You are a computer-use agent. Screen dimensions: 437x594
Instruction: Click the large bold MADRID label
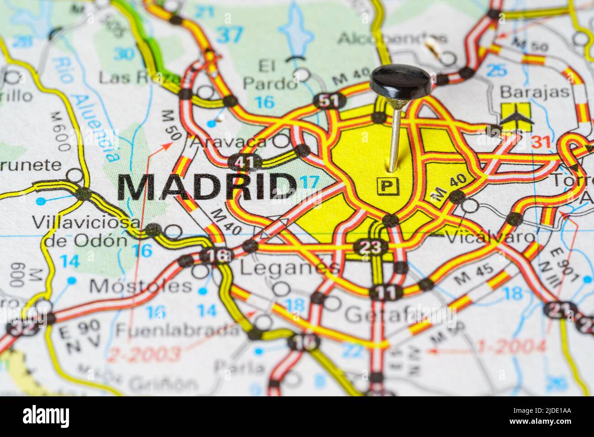point(207,187)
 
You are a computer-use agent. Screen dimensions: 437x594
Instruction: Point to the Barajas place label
point(535,92)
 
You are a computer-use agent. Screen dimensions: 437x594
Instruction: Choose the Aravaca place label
point(229,142)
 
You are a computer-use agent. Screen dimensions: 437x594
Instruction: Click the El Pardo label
point(269,75)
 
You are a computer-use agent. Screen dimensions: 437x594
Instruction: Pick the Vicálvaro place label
point(489,237)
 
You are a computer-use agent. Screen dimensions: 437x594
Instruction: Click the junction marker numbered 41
point(245,161)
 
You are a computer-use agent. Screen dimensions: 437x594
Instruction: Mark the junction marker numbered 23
point(370,247)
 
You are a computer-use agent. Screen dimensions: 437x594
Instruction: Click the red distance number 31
point(541,143)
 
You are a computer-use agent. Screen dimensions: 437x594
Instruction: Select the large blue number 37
point(229,35)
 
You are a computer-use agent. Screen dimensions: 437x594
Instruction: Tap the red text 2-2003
point(144,353)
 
